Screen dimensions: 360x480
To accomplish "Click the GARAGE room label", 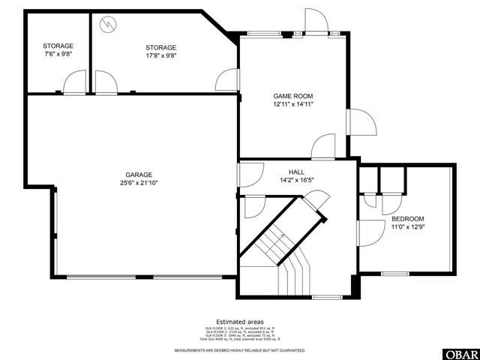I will pos(139,174).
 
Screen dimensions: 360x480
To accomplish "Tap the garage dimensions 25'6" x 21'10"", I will pos(139,182).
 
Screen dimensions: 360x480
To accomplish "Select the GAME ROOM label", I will pos(292,96).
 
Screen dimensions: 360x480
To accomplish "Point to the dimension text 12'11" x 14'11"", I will pos(292,104).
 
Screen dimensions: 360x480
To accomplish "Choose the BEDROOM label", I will pos(408,218).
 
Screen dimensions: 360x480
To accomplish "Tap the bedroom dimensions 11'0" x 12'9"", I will pos(408,226).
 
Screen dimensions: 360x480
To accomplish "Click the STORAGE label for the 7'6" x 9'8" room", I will pos(58,46).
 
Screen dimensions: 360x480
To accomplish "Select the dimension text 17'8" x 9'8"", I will pos(160,55).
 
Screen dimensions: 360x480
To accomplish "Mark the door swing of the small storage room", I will pos(75,82).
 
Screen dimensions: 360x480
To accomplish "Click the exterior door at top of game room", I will pos(316,22).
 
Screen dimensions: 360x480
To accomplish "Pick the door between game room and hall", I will pos(323,147).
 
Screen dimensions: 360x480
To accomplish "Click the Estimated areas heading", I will pos(240,321).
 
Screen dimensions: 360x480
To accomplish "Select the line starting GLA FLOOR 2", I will pos(240,332).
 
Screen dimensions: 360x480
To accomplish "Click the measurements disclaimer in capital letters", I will pos(240,350).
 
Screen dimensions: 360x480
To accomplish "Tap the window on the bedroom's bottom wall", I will pos(394,272).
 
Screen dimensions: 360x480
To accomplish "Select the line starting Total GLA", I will pos(240,340).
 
